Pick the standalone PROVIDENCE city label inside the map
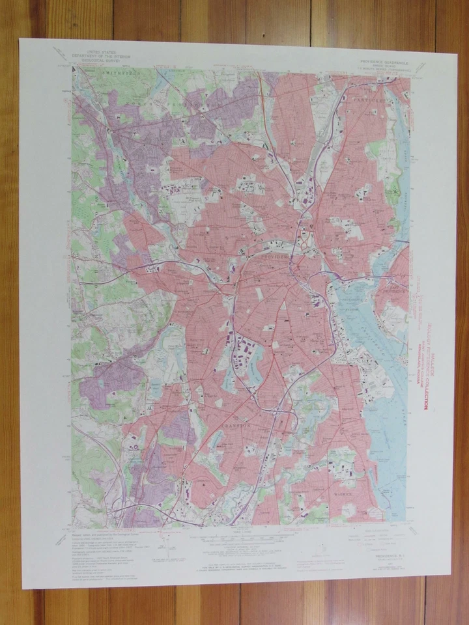tap(276, 257)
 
